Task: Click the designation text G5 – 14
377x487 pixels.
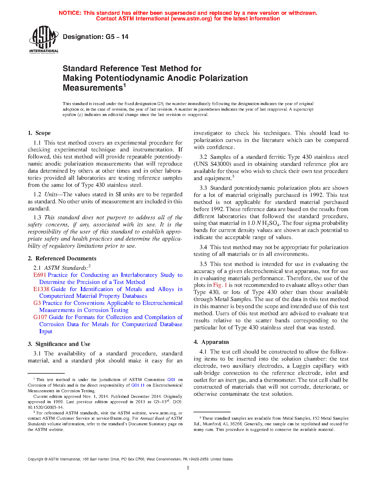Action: pyautogui.click(x=96, y=37)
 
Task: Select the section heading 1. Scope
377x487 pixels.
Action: pyautogui.click(x=39, y=133)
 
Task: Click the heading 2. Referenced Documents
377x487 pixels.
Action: pyautogui.click(x=62, y=259)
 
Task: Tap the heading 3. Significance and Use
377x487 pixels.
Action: pyautogui.click(x=59, y=344)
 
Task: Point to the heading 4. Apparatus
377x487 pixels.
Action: pyautogui.click(x=211, y=342)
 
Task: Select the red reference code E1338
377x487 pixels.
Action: pyautogui.click(x=41, y=289)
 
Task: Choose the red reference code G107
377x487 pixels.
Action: pyautogui.click(x=40, y=317)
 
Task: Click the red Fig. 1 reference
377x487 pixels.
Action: pyautogui.click(x=220, y=285)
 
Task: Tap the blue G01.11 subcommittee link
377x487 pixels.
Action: pyautogui.click(x=138, y=385)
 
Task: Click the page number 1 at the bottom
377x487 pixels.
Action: pyautogui.click(x=188, y=468)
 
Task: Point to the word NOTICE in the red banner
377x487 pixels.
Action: pyautogui.click(x=70, y=13)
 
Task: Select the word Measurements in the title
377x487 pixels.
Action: pyautogui.click(x=93, y=88)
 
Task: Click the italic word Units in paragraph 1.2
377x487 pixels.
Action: pyautogui.click(x=51, y=195)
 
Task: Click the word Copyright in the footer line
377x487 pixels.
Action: pyautogui.click(x=35, y=459)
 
